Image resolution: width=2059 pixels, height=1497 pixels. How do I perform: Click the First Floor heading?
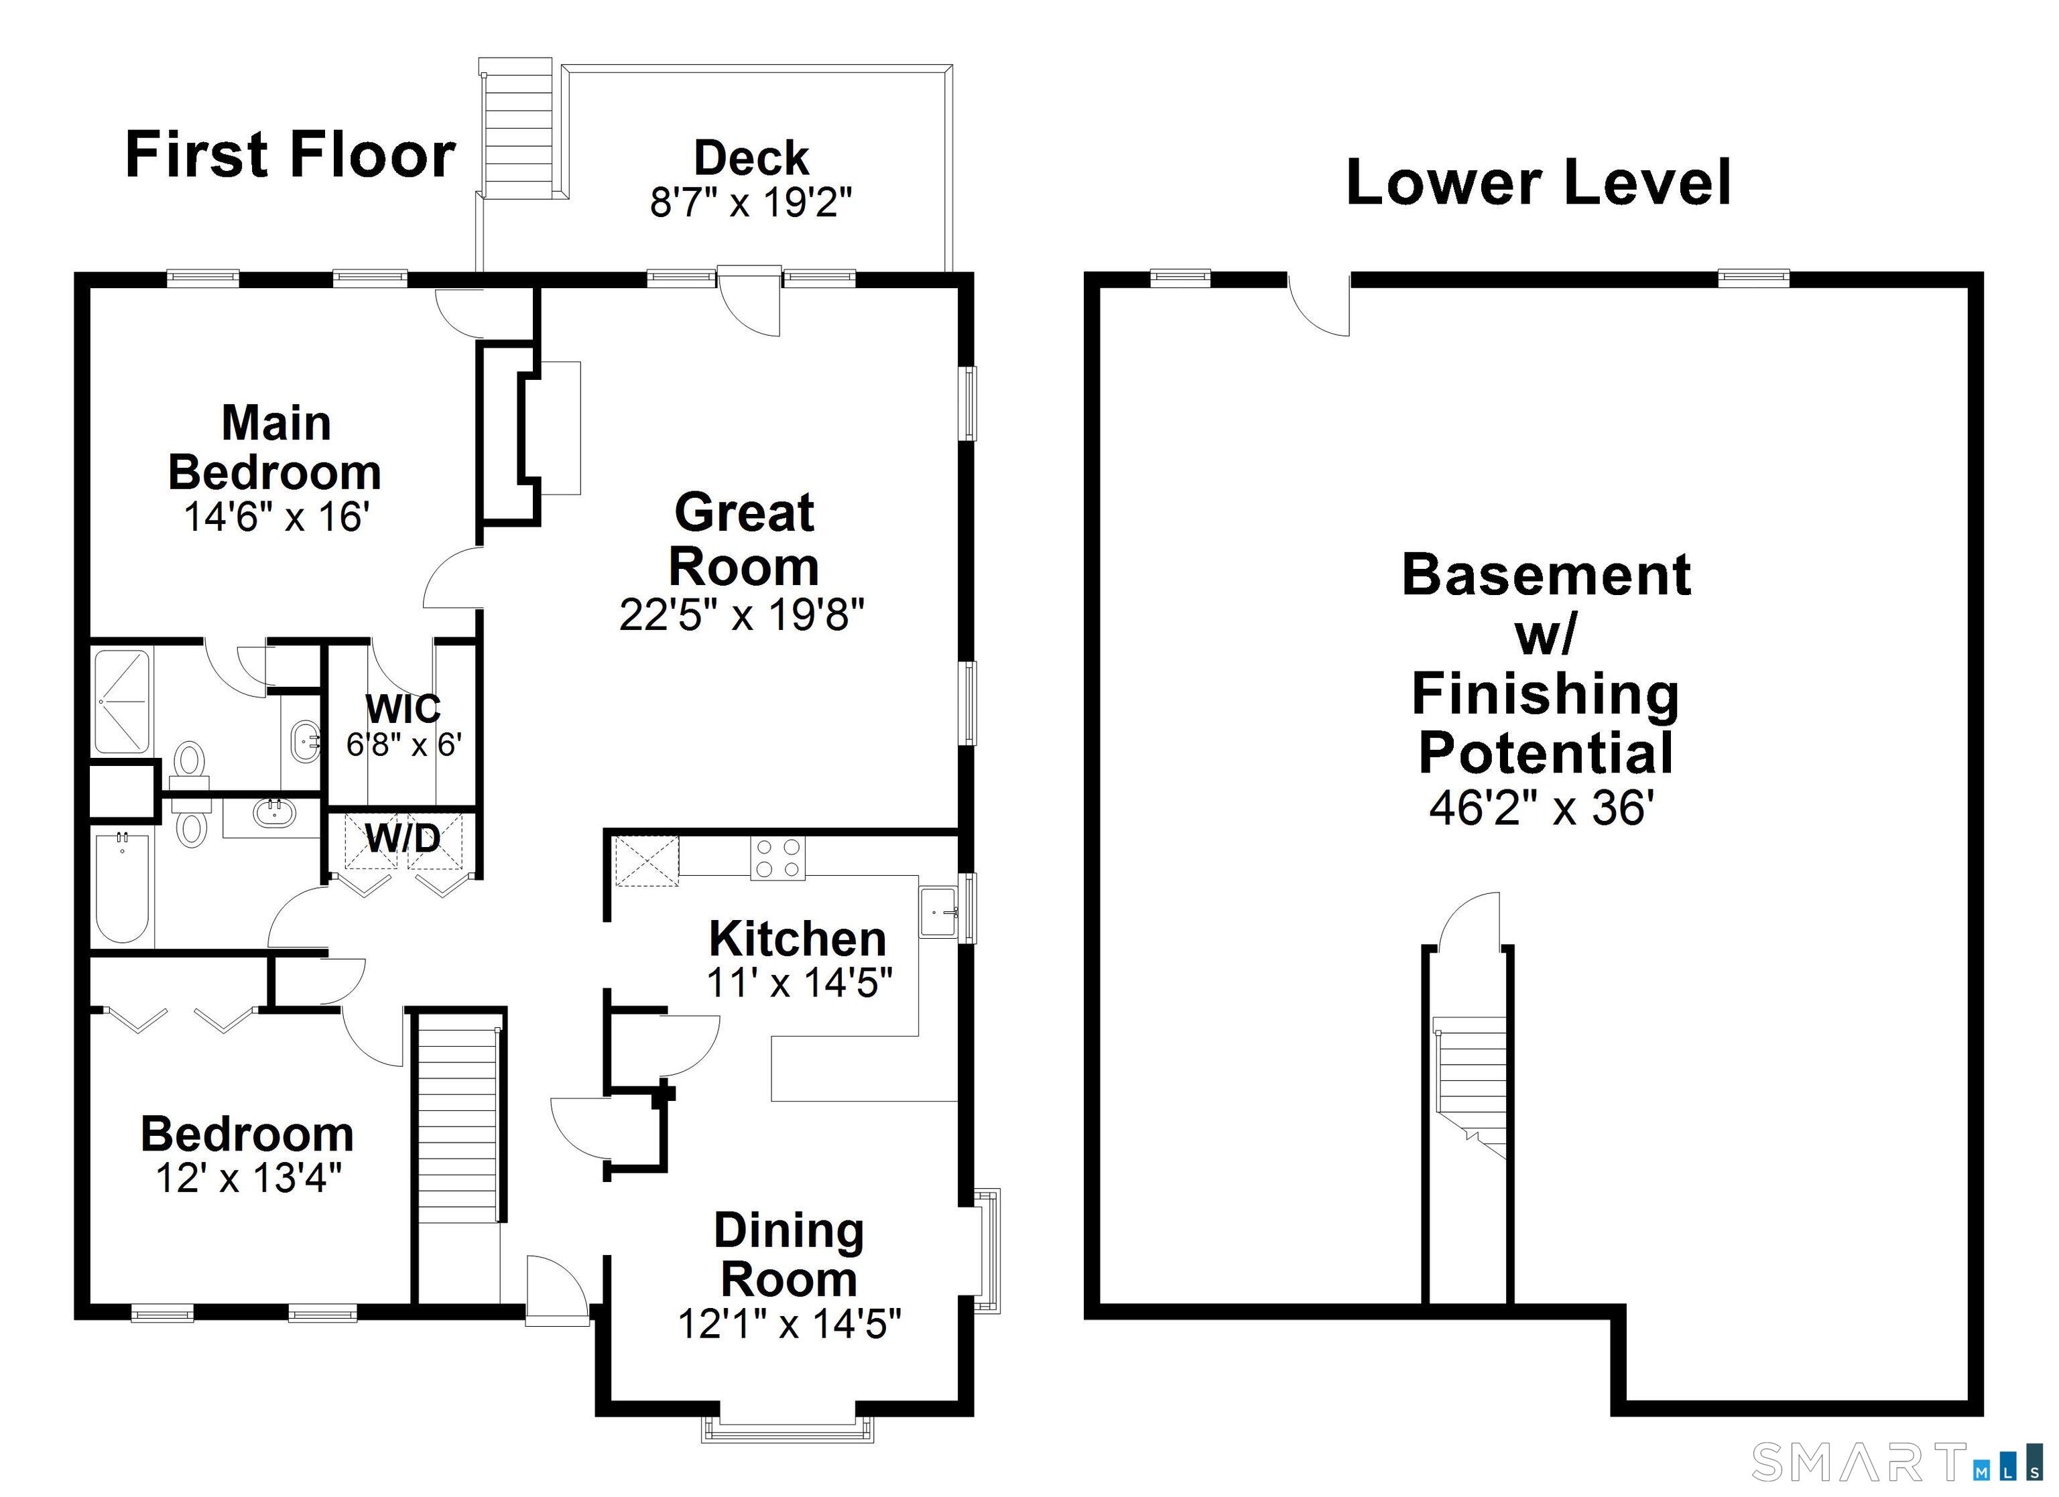(x=290, y=154)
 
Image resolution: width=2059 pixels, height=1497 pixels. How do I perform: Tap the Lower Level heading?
(x=1539, y=182)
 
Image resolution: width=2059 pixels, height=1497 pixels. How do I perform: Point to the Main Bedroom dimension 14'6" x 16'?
(x=276, y=517)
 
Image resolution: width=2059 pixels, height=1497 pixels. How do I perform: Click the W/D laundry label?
(x=403, y=839)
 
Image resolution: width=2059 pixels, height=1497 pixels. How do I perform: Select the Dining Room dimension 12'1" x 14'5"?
(x=789, y=1323)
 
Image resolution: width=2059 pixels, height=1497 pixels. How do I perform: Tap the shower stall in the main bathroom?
(x=123, y=702)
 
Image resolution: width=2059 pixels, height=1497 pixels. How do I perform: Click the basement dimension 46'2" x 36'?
(x=1537, y=806)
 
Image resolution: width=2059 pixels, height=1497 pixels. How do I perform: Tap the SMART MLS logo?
(x=1897, y=1461)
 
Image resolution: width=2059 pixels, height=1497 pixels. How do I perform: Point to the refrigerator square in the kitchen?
(x=645, y=860)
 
